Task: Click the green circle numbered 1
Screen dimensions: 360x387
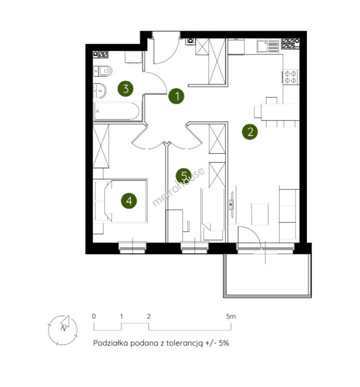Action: [176, 96]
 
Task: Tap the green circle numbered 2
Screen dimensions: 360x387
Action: [250, 132]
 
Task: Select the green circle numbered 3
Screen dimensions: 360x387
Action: [125, 89]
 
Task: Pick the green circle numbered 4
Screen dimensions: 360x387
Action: [129, 201]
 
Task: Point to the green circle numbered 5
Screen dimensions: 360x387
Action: [183, 176]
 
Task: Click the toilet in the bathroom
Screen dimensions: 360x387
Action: [103, 71]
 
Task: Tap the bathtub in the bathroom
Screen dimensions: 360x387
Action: [117, 111]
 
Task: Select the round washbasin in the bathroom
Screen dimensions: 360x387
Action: [100, 91]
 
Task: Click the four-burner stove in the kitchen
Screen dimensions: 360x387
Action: [291, 77]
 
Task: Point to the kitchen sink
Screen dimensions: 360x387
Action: [268, 46]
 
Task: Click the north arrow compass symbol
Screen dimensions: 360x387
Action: [63, 330]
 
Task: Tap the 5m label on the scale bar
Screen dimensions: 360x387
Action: [231, 316]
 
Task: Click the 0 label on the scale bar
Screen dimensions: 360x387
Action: [94, 316]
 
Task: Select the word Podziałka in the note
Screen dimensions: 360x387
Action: [111, 343]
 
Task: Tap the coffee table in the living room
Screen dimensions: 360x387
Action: [260, 214]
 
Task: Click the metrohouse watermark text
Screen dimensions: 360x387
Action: [178, 187]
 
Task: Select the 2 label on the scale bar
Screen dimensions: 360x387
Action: [149, 316]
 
